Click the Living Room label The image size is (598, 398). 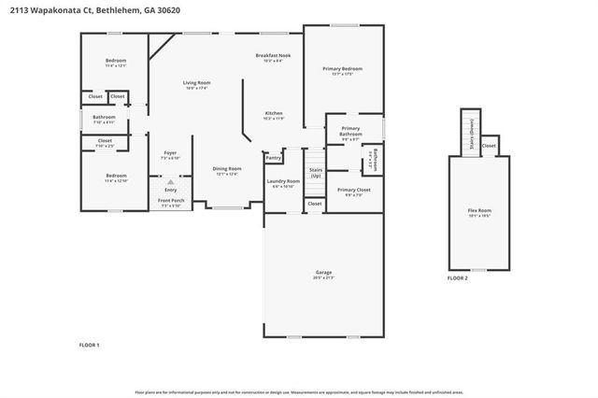(x=195, y=83)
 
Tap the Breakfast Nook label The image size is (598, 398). (x=273, y=56)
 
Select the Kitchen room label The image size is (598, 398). (x=273, y=114)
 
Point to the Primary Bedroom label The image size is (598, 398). (x=342, y=69)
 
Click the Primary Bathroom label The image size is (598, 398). (x=350, y=131)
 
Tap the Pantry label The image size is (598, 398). (x=274, y=158)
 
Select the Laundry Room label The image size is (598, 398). (x=282, y=181)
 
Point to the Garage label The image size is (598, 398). (x=323, y=273)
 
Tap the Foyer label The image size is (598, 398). (x=170, y=153)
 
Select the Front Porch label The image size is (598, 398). (x=170, y=201)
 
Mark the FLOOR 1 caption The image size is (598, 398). (x=89, y=345)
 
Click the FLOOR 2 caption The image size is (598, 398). (x=457, y=277)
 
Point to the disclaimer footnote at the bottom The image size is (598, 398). (x=298, y=392)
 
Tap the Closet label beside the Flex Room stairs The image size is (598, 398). (x=489, y=146)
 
